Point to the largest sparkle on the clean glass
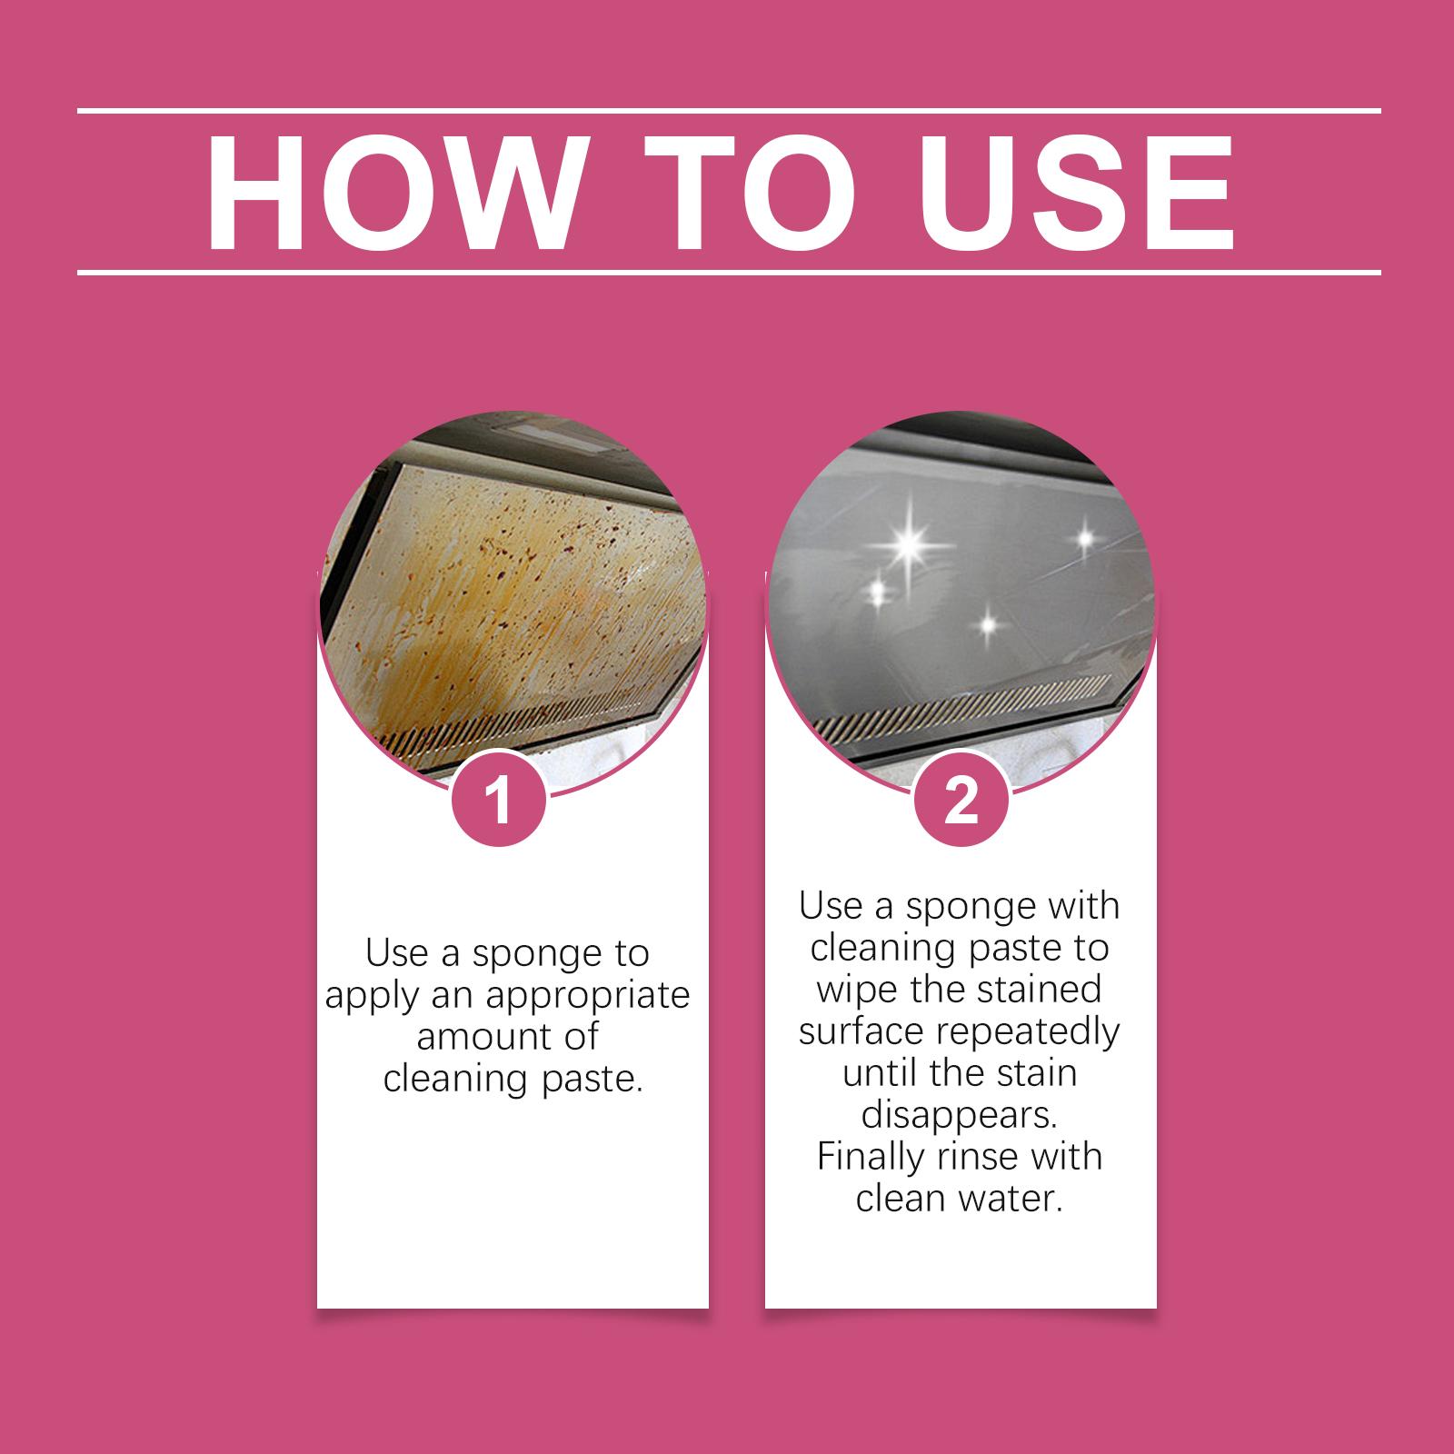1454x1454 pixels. click(909, 547)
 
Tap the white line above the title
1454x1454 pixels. click(729, 111)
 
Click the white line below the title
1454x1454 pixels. click(729, 272)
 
